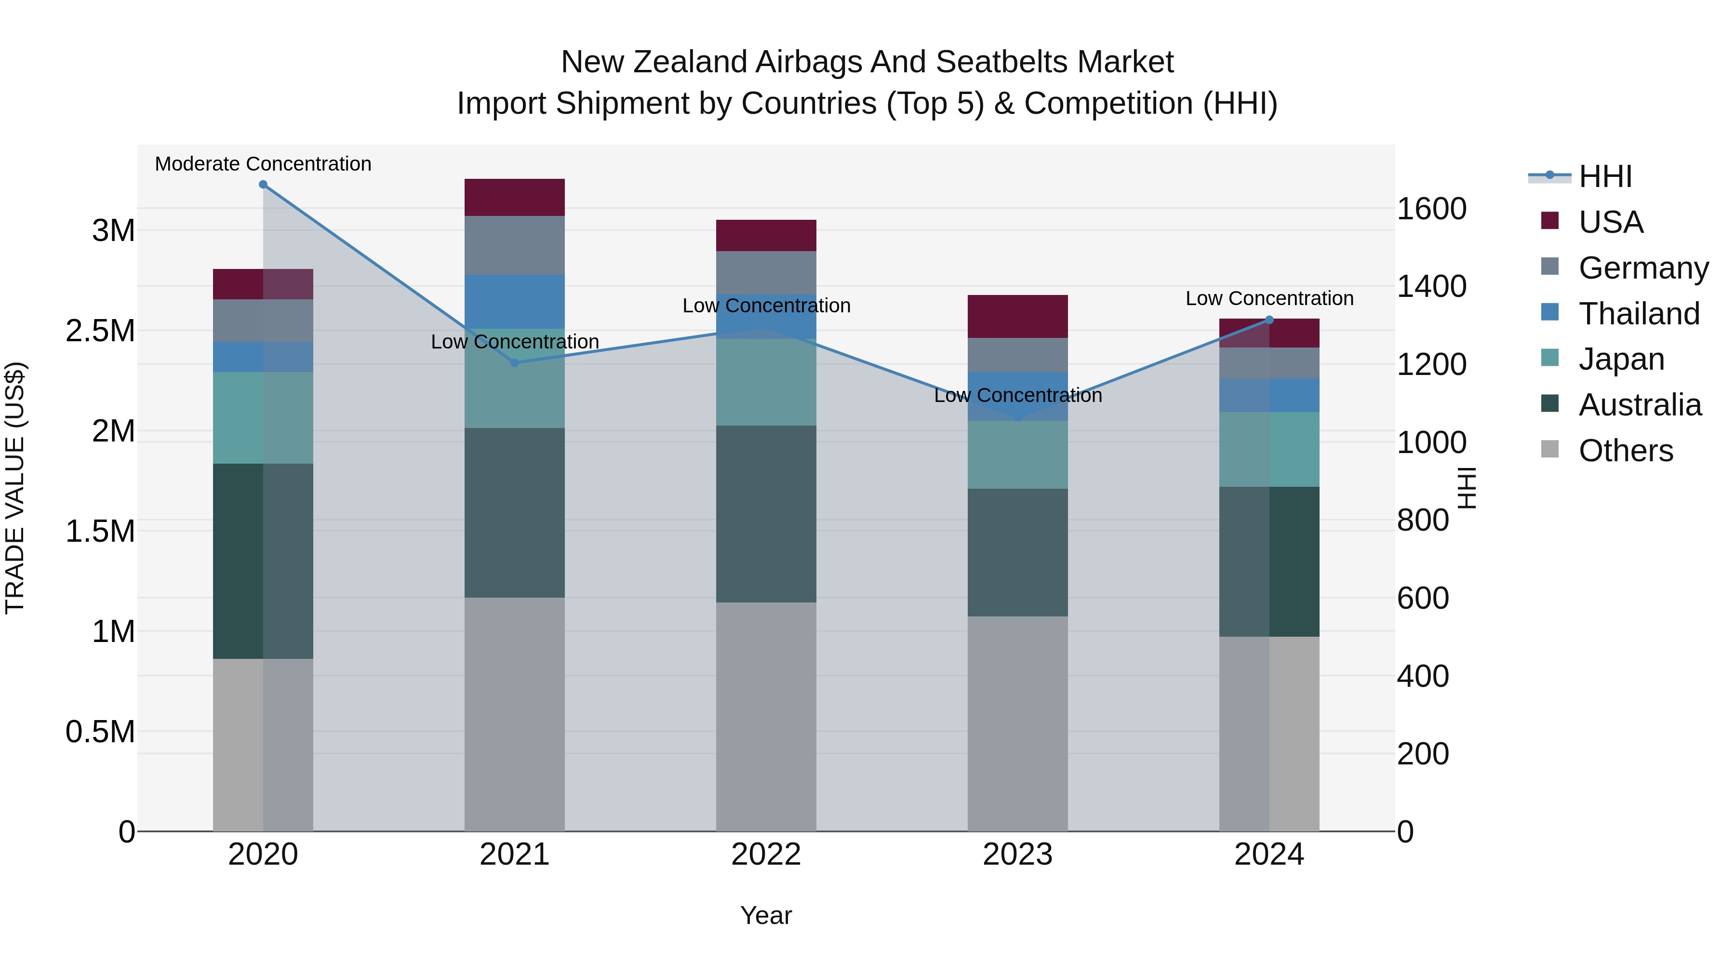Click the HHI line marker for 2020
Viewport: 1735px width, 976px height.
tap(263, 185)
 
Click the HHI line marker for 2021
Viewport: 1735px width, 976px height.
tap(515, 362)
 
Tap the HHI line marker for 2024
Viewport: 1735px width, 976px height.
tap(1269, 320)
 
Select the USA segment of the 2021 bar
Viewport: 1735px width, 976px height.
tap(515, 197)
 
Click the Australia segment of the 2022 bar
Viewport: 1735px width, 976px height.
tap(766, 513)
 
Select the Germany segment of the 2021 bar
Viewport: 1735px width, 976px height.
tap(515, 245)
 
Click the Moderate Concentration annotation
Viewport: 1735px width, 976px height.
tap(263, 164)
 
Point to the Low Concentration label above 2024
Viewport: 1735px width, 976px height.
tap(1269, 298)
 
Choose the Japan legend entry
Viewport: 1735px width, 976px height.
tap(1621, 359)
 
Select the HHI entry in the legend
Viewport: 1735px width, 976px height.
tap(1605, 176)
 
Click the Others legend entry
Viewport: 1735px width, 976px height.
tap(1625, 451)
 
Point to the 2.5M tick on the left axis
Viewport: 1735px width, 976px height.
tap(100, 331)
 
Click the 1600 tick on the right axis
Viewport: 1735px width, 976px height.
tap(1431, 209)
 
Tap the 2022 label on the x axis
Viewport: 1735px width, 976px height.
tap(766, 855)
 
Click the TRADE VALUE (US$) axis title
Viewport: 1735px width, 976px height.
tap(15, 488)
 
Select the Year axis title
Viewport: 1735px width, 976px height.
tap(766, 915)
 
